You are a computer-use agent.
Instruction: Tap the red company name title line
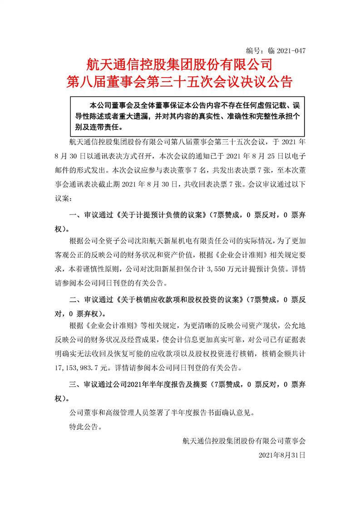coord(180,64)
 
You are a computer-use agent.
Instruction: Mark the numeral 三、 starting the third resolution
coord(73,384)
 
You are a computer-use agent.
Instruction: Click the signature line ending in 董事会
coord(245,440)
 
